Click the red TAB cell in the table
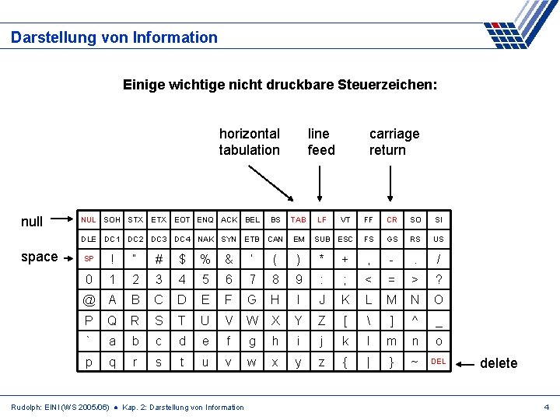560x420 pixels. pos(298,220)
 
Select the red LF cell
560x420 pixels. pos(321,220)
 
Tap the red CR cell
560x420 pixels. pos(391,220)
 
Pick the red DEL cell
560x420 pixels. pos(439,362)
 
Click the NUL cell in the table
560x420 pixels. pos(89,220)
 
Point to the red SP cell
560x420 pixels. pos(89,259)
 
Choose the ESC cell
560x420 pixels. pos(345,240)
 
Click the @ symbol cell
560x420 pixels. pos(89,300)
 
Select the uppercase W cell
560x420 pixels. pos(252,320)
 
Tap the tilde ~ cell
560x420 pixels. pos(415,362)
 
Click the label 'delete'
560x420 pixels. pos(499,363)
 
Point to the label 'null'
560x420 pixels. pos(32,222)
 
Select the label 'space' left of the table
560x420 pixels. pos(40,257)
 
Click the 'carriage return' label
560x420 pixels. pos(394,142)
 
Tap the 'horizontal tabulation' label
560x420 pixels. pos(249,142)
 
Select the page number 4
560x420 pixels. pos(547,408)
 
